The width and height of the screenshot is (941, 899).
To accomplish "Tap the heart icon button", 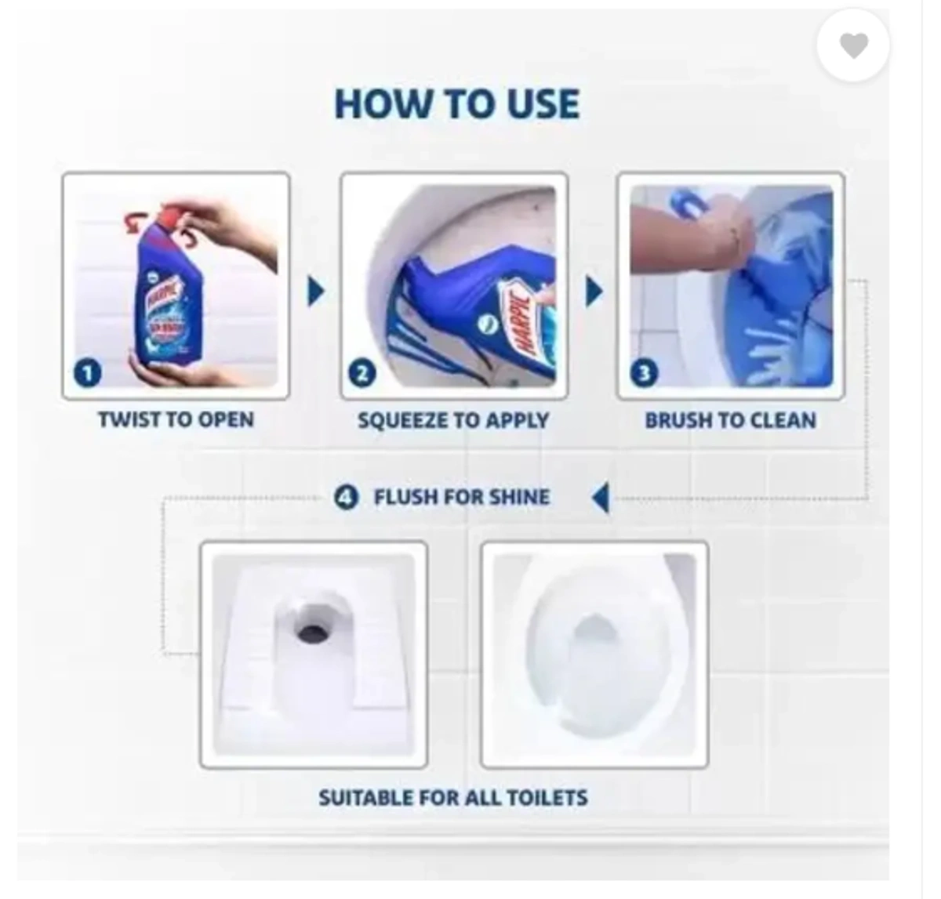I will tap(853, 46).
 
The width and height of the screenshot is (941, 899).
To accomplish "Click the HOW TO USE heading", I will tap(457, 104).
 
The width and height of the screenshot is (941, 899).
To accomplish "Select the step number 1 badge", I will tap(88, 373).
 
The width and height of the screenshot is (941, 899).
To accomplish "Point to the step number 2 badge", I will tap(362, 374).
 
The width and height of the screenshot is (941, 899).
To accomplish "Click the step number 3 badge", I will tap(644, 374).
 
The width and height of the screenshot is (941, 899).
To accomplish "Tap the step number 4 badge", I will tap(346, 497).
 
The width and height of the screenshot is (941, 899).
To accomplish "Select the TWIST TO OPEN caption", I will tap(176, 420).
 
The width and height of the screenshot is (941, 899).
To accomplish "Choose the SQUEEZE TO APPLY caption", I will tap(453, 421).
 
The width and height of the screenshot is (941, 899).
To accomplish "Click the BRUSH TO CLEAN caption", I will tap(730, 421).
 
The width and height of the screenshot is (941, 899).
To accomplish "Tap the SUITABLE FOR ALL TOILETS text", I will tap(453, 798).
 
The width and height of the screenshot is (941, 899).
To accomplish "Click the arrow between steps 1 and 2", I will tap(315, 292).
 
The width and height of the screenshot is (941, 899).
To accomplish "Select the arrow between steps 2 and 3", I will tap(594, 292).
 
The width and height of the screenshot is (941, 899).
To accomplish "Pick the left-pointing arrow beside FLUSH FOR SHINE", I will tap(601, 497).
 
